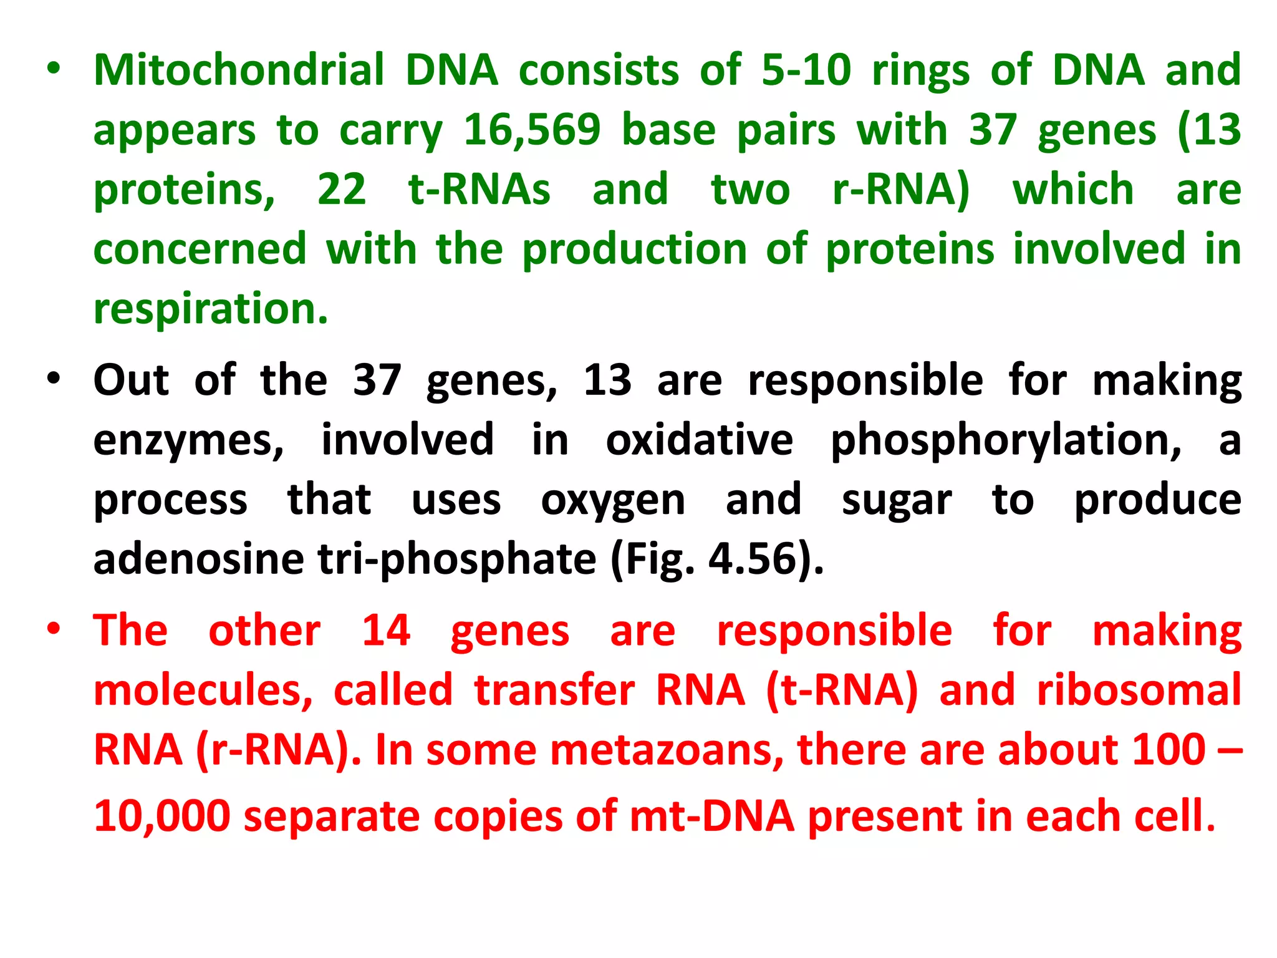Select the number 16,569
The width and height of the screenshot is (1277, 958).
coord(532,130)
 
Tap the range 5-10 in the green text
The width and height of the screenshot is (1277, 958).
coord(806,70)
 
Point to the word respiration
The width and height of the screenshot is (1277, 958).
coord(210,309)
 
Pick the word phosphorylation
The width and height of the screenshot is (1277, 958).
coord(1006,440)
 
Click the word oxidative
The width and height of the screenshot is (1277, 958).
coord(700,440)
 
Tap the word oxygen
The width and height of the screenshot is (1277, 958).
coord(613,501)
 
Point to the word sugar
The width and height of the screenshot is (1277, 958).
coord(897,501)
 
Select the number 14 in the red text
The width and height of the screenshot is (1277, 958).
coord(386,631)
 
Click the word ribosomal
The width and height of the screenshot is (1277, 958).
coord(1139,690)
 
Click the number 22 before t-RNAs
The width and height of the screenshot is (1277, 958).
coord(342,190)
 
